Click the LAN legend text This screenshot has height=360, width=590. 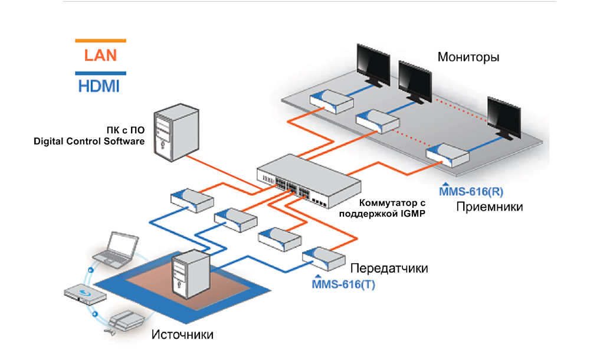coord(100,55)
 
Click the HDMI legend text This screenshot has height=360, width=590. coord(99,86)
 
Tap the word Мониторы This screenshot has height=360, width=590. coord(468,57)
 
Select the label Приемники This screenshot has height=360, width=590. coord(489,207)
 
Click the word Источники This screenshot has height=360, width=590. coord(182,335)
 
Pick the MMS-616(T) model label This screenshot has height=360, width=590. coord(343,284)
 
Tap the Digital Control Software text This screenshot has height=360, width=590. coord(88,142)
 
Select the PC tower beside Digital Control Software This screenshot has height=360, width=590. coord(171,133)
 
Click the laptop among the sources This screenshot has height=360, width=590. coord(118,248)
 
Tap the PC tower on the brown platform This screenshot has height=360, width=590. coord(189,274)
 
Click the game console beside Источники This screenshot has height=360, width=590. coord(123,322)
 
